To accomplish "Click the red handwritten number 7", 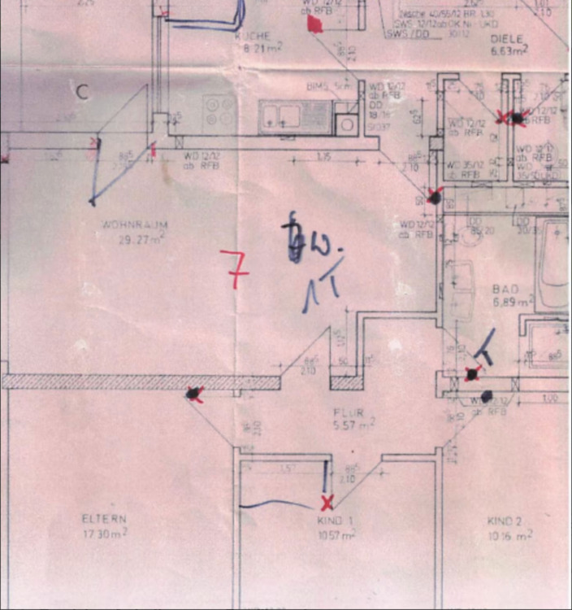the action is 235,270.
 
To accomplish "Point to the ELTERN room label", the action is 104,518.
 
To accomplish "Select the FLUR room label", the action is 353,412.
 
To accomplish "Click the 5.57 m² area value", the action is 354,425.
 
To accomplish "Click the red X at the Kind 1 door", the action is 327,502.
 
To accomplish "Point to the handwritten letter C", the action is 81,92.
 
